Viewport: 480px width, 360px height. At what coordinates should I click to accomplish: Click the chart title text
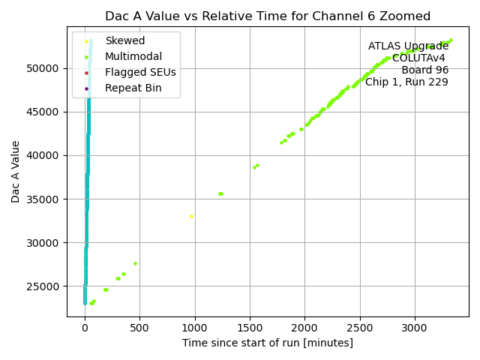pos(268,16)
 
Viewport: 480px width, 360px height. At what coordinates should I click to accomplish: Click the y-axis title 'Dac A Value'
pos(16,172)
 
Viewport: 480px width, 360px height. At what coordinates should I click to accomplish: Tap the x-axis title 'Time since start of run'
pos(268,343)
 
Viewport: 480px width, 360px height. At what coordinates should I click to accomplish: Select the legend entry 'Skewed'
pos(124,40)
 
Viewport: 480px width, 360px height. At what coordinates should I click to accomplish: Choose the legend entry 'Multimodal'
pos(133,57)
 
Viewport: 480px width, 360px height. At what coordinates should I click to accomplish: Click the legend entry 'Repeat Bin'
pos(133,88)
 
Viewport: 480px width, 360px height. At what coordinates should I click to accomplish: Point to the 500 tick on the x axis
pos(139,327)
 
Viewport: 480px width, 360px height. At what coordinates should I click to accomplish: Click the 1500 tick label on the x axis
pos(250,327)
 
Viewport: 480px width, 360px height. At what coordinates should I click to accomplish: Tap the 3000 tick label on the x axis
pos(415,327)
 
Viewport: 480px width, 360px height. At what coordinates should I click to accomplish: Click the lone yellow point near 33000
pos(191,217)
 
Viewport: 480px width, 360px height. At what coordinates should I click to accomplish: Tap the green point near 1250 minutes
pos(220,193)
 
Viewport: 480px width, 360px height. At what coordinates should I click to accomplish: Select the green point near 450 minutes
pos(135,263)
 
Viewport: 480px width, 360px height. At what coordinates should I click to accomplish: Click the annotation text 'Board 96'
pos(424,70)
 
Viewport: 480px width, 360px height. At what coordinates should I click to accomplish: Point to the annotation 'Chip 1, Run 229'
pos(406,82)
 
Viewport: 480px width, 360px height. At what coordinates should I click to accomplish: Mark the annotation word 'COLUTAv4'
pos(420,58)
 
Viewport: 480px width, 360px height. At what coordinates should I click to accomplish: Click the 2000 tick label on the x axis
pos(304,327)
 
